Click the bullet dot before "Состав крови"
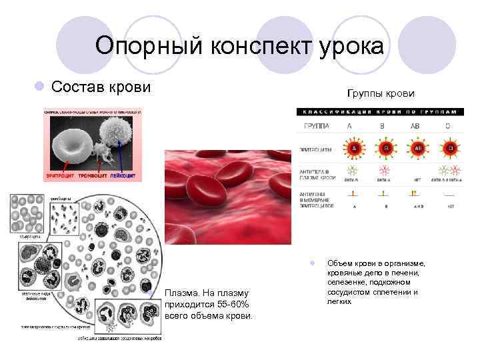39,87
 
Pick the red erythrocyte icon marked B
385,147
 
